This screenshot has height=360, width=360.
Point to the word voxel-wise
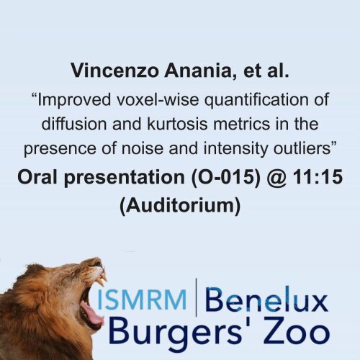(158, 99)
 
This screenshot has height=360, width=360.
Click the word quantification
(256, 100)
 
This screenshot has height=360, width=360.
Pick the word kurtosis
(177, 124)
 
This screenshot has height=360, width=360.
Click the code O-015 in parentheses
(226, 177)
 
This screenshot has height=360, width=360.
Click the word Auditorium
(180, 206)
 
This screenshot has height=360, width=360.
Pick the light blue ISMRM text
(142, 300)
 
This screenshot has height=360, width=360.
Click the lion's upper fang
(104, 279)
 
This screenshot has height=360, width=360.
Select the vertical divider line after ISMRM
(197, 297)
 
